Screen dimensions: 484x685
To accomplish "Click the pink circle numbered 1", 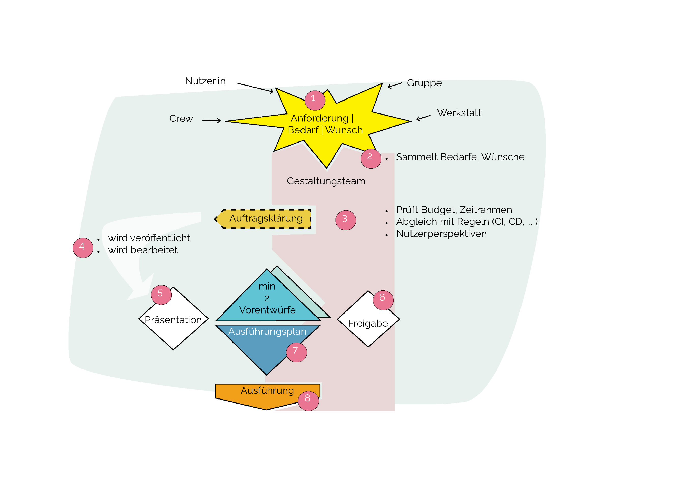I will [x=315, y=100].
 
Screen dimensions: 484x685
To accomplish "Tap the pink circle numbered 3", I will [x=346, y=220].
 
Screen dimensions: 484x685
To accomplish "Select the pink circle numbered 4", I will [x=83, y=248].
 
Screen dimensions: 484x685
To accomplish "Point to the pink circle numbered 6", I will [x=383, y=300].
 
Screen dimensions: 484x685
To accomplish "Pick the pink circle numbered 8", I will [x=308, y=401].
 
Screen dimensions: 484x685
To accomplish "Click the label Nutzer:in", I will [x=205, y=81].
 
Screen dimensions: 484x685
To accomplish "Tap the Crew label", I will [x=181, y=118].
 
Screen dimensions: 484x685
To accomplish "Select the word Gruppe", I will [x=424, y=83].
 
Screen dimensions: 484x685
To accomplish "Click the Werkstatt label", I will [x=459, y=113].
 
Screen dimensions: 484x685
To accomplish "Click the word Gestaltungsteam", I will [x=326, y=181].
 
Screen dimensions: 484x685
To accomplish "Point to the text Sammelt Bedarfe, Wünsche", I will [x=460, y=157].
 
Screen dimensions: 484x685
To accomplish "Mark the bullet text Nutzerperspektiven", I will [x=441, y=234].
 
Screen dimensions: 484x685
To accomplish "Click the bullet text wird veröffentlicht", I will [x=149, y=238].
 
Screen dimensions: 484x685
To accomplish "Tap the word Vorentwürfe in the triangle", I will [x=267, y=310].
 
